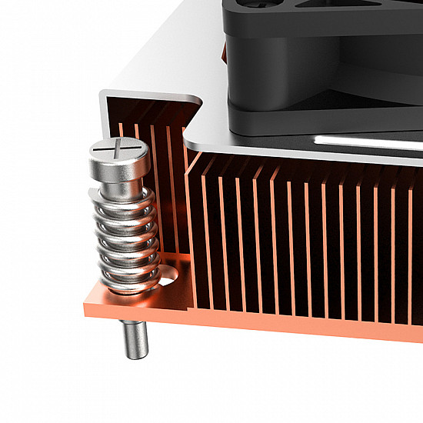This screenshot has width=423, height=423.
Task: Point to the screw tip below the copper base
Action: (135, 339)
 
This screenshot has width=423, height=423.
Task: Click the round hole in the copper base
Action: (167, 271)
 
